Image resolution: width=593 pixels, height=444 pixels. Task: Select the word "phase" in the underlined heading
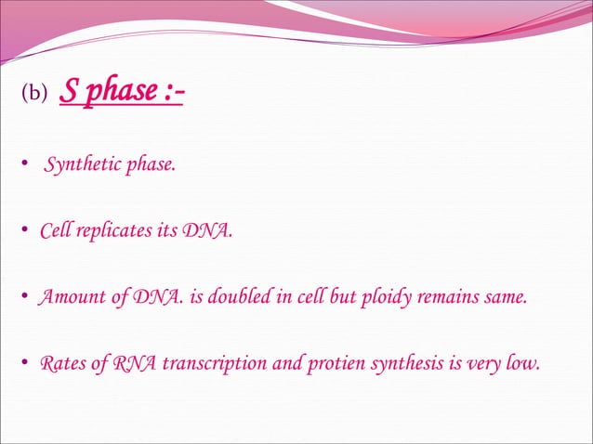pyautogui.click(x=113, y=92)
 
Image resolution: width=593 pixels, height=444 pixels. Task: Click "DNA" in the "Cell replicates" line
pyautogui.click(x=207, y=230)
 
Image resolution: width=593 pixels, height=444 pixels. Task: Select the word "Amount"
pyautogui.click(x=67, y=297)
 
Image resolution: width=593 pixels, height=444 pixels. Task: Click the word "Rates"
pyautogui.click(x=61, y=362)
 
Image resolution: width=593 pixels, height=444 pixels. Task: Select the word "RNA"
pyautogui.click(x=136, y=362)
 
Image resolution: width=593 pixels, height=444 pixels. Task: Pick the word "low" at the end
pyautogui.click(x=521, y=362)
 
